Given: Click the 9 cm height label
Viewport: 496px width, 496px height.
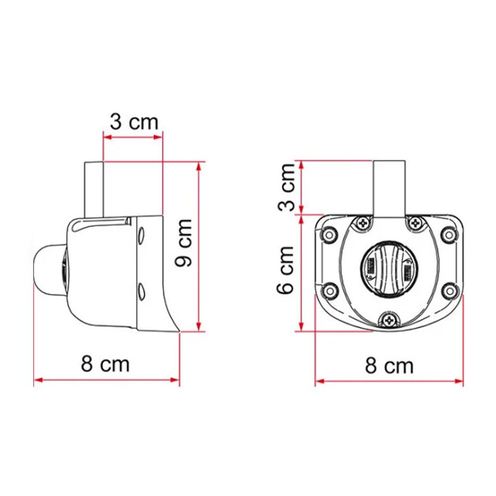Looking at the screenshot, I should point(184,243).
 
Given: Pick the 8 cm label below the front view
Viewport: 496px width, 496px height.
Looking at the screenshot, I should point(389,366).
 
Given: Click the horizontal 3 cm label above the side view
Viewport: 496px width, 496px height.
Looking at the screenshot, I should point(134,122).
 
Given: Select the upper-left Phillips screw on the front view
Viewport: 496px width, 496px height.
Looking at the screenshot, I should point(363,224).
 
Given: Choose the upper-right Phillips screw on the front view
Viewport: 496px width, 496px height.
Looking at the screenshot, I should point(415,224).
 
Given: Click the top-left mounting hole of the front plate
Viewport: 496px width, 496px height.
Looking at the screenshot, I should point(329,235).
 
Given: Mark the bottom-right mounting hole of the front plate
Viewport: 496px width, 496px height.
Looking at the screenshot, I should point(449,290).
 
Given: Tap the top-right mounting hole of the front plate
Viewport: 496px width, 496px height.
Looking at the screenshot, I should point(449,235).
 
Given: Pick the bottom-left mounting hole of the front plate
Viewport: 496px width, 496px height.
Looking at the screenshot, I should point(329,290).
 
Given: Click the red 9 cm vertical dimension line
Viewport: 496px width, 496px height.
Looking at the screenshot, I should point(198,245).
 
